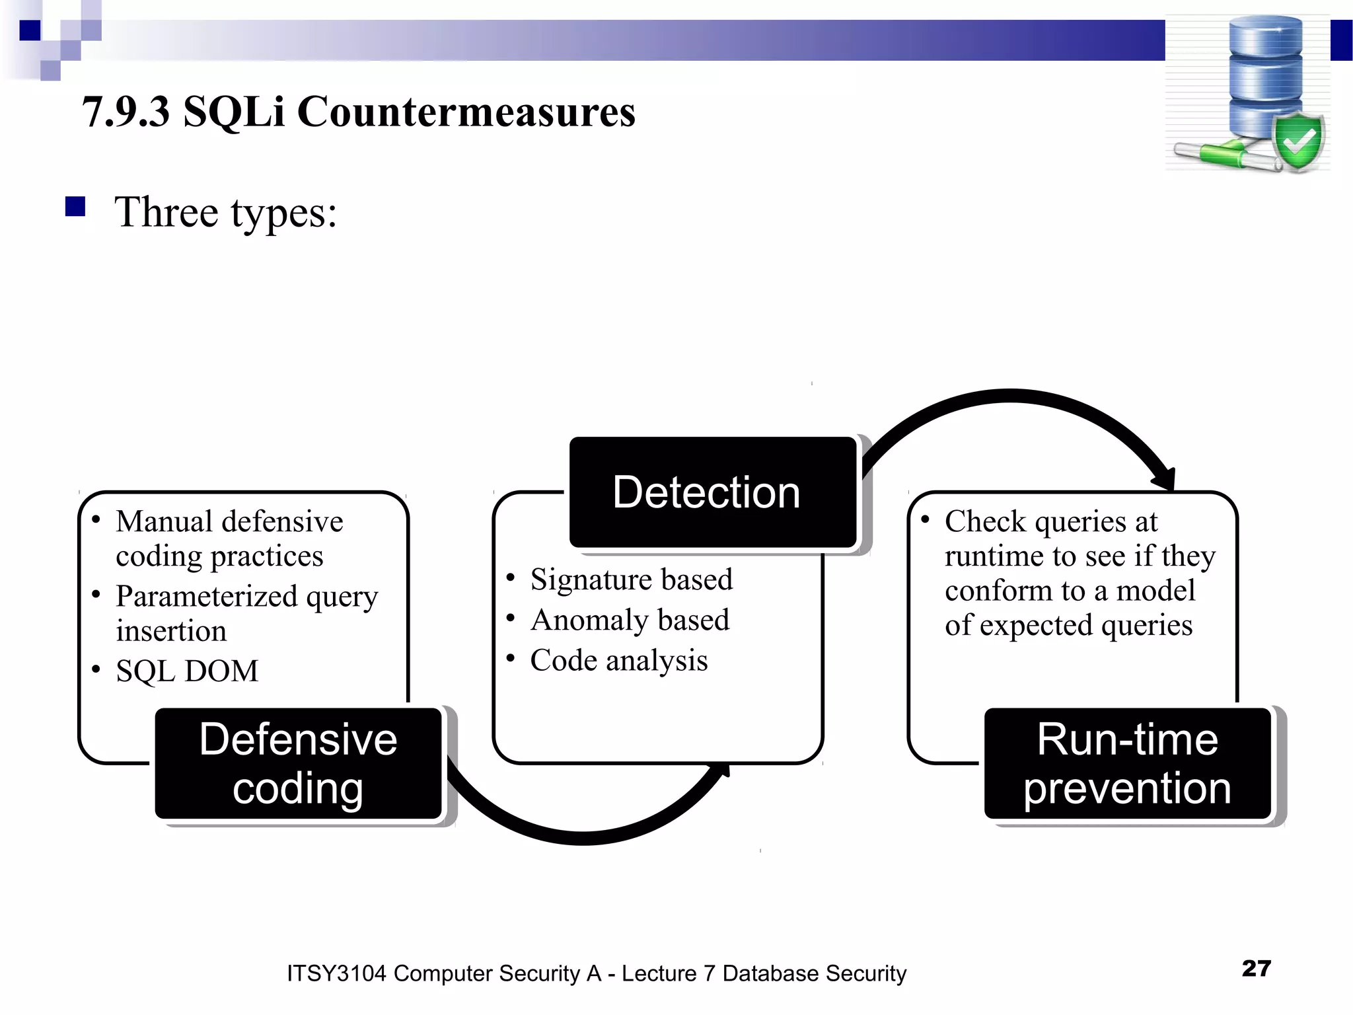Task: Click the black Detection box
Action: tap(712, 492)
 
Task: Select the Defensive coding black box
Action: tap(298, 763)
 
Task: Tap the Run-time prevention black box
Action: tap(1127, 763)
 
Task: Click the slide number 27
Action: tap(1256, 968)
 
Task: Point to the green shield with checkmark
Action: tap(1298, 141)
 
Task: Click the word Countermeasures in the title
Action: tap(466, 111)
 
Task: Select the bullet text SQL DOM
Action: tap(187, 671)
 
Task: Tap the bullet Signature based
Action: tap(631, 580)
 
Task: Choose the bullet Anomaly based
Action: tap(629, 620)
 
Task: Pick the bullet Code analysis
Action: tap(618, 660)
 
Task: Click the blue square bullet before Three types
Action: tap(75, 207)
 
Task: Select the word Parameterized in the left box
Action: tap(206, 596)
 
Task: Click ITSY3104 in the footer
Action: tap(336, 973)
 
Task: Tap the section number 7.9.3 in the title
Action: tap(126, 111)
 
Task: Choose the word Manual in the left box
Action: tap(162, 521)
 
